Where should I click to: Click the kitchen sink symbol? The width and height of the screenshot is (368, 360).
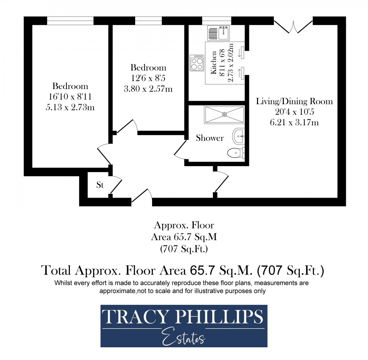click(218, 33)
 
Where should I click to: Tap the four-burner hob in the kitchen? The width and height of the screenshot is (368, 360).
click(197, 63)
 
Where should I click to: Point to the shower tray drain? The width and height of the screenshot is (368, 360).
click(225, 114)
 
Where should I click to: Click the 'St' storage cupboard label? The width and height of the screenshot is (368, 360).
click(100, 185)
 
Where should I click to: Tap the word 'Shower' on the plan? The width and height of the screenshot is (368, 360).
click(210, 138)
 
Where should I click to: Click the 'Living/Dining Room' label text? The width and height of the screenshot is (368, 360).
click(294, 101)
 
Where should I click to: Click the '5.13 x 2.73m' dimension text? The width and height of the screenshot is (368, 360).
click(70, 107)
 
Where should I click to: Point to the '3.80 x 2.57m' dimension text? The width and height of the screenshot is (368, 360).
click(148, 89)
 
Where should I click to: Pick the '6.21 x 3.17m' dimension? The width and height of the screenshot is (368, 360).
click(294, 122)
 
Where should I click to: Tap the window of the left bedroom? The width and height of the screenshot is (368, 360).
click(70, 21)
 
